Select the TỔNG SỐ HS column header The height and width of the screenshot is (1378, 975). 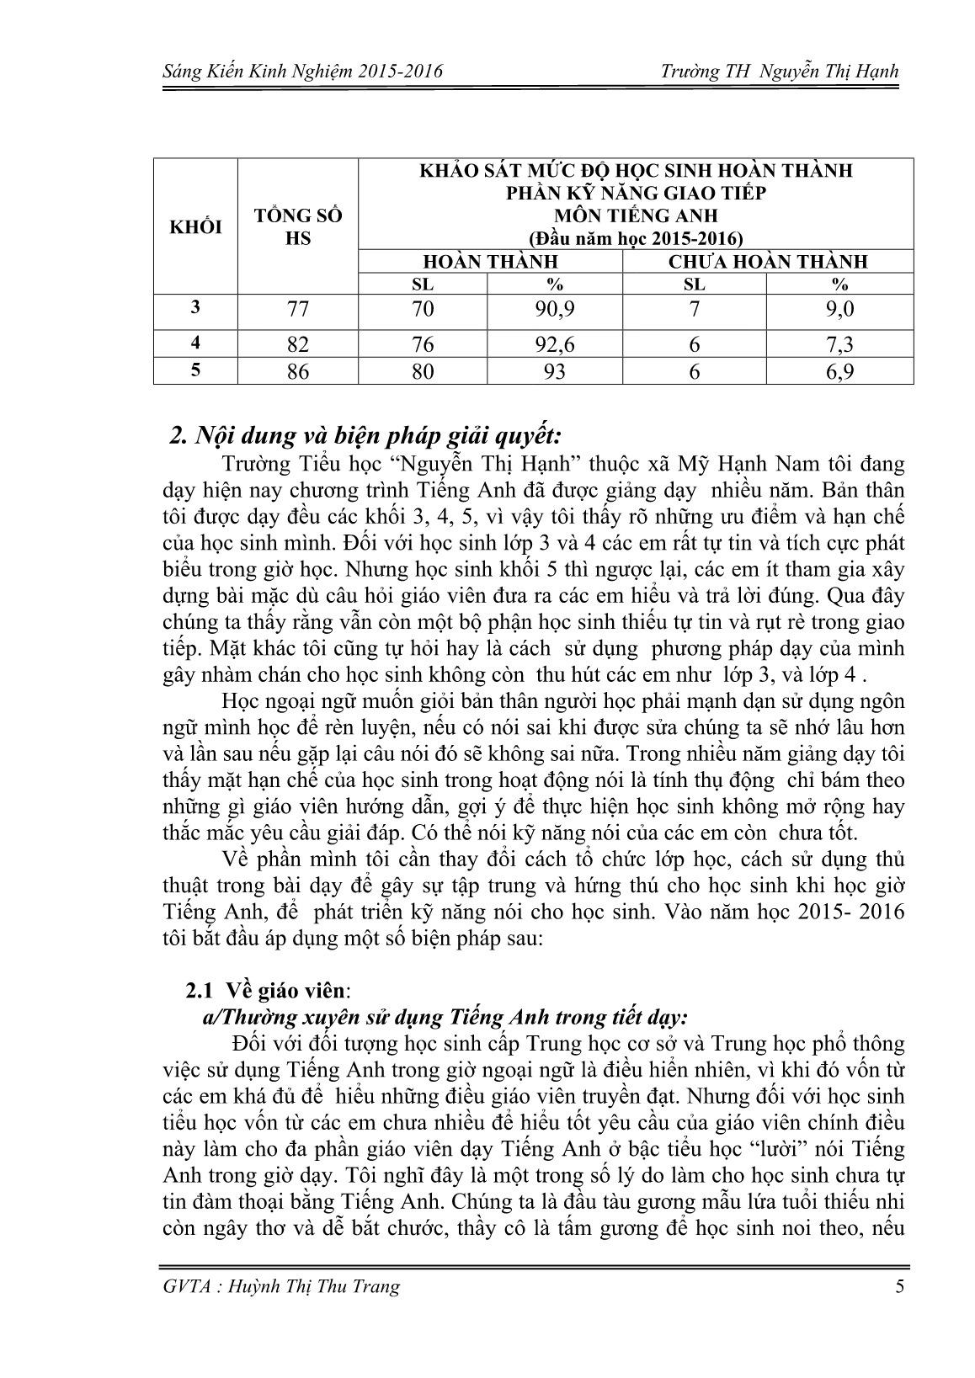click(x=298, y=227)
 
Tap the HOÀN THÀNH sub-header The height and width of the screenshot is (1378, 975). click(x=489, y=261)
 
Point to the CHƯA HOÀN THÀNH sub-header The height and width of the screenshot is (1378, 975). click(x=767, y=261)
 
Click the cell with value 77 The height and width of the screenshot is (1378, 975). click(x=298, y=309)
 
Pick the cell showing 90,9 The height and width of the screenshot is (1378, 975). click(x=554, y=309)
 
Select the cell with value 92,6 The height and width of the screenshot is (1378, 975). click(x=554, y=344)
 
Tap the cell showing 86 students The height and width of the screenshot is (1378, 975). click(x=298, y=371)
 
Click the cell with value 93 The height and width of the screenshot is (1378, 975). click(x=554, y=371)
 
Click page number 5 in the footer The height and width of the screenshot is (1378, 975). click(x=900, y=1285)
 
